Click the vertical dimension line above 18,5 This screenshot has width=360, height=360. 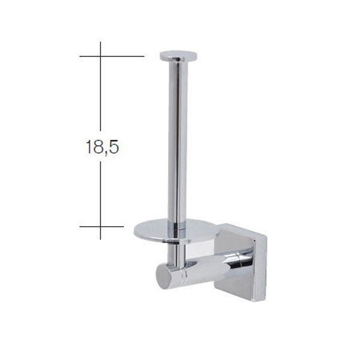[100, 96]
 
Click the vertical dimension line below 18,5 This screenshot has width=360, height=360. [100, 192]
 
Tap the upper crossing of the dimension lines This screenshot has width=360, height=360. [100, 56]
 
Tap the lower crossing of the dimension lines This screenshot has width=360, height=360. [100, 227]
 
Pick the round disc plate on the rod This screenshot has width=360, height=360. [171, 231]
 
